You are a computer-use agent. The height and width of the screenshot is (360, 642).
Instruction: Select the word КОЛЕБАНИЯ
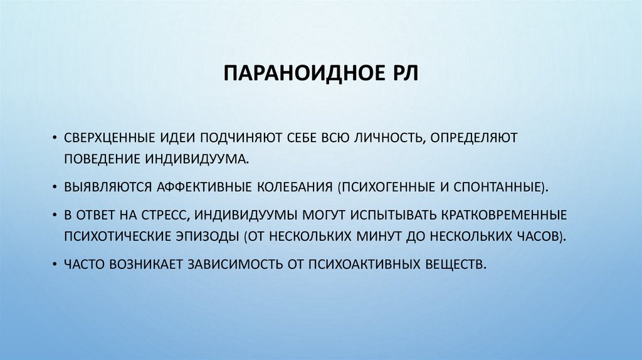tap(295, 187)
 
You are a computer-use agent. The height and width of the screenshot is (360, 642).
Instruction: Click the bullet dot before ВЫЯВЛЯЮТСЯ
tap(55, 187)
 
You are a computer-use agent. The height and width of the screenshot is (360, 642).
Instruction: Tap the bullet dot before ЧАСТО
tap(55, 263)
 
